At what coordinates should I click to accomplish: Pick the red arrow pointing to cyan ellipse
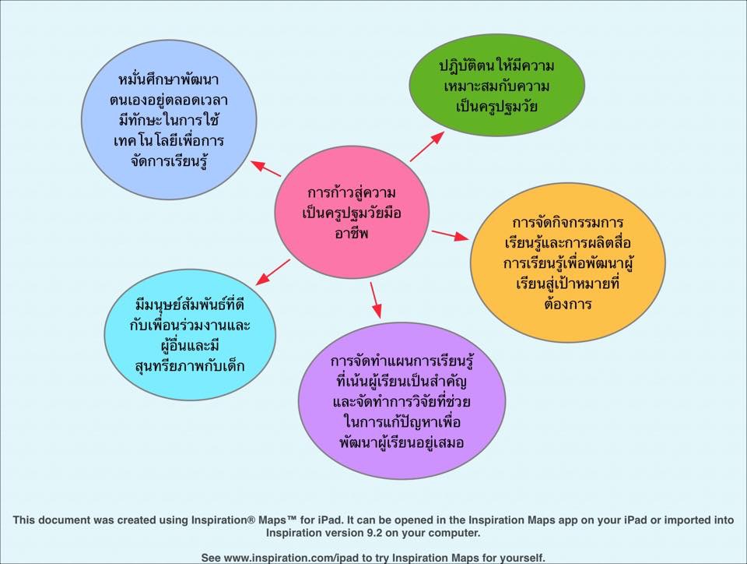[273, 271]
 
